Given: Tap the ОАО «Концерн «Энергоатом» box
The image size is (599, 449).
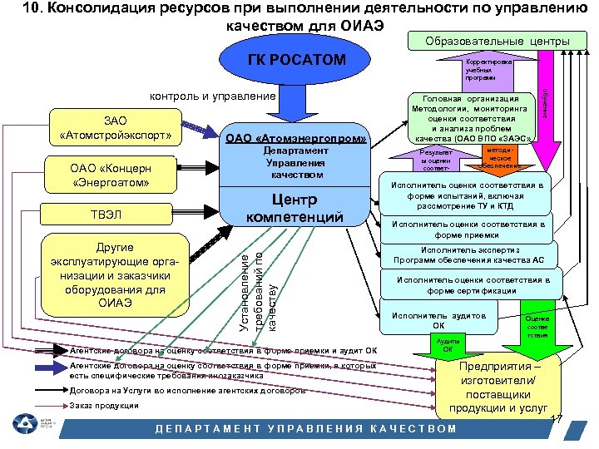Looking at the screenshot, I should tap(111, 174).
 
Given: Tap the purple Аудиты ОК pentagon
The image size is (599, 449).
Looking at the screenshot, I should tap(448, 344).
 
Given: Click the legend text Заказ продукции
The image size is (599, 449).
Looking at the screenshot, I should tap(104, 406).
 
